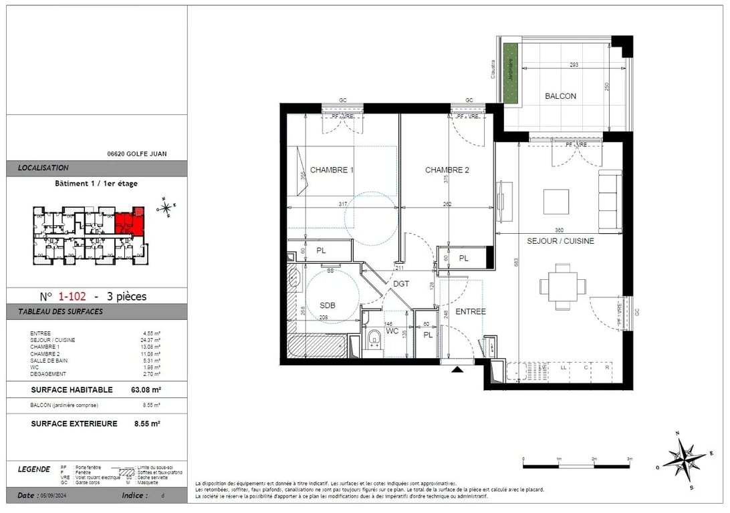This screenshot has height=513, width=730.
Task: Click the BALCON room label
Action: [x=560, y=96]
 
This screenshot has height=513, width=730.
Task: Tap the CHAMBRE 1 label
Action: [x=332, y=170]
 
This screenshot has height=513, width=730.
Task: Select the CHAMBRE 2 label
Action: [x=447, y=170]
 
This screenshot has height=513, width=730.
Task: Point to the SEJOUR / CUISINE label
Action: [x=560, y=241]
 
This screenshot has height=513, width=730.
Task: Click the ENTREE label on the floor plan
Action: [x=471, y=311]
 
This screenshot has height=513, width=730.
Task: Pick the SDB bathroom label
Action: [x=328, y=305]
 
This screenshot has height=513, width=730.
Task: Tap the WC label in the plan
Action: [x=393, y=331]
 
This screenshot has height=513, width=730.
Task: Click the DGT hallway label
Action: [x=401, y=284]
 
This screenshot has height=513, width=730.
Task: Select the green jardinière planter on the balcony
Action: [x=511, y=73]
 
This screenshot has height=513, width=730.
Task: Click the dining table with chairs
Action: [x=563, y=287]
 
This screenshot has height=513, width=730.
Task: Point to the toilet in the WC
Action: [x=374, y=338]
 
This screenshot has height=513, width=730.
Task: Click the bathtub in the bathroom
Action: [x=318, y=347]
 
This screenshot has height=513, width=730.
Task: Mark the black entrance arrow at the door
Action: [x=457, y=369]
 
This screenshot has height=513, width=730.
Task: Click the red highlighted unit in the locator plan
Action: [x=130, y=224]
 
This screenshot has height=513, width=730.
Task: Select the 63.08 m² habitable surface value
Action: [x=146, y=390]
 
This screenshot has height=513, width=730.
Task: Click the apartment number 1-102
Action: [x=72, y=297]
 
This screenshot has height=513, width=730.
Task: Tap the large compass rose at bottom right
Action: [x=683, y=459]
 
